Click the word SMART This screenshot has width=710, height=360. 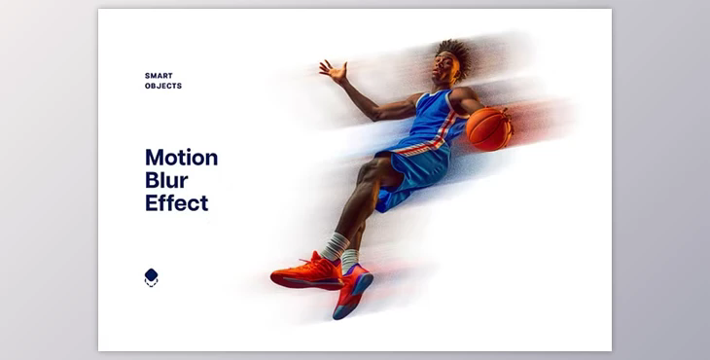coord(159,75)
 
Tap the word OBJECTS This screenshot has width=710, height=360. coord(163,86)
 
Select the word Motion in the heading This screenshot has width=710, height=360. coord(181,158)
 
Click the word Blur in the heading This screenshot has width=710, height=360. coord(166,181)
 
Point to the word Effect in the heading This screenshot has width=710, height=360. coord(176,203)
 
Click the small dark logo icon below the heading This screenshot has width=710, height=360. coord(151,277)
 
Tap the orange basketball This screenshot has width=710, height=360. coord(488,127)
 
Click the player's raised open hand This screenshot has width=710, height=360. coord(333,70)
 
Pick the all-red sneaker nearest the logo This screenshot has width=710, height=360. coord(304,272)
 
